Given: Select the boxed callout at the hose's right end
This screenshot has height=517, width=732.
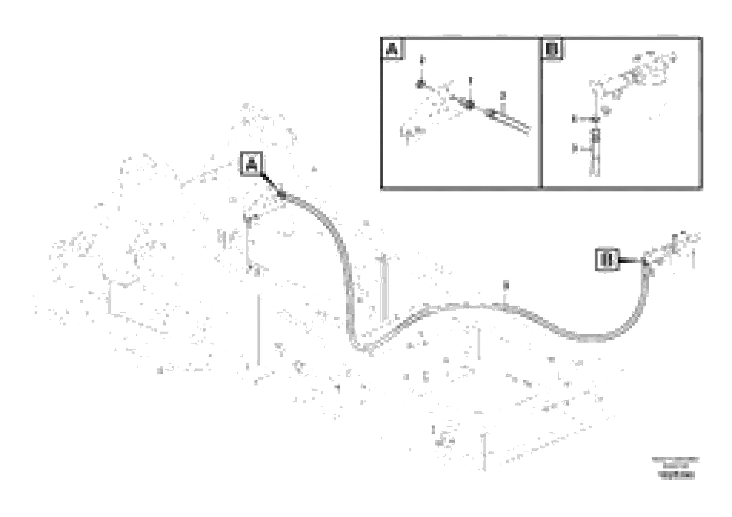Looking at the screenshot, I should point(607,260).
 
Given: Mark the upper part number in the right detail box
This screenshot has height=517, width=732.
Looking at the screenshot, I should point(574,119).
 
